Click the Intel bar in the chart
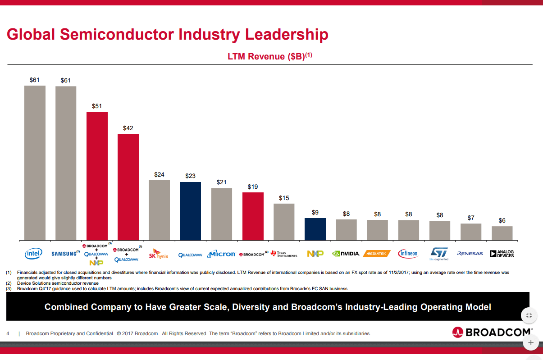tap(35, 162)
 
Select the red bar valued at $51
tap(97, 176)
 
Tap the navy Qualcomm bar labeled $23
tap(190, 211)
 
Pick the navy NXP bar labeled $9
tap(315, 229)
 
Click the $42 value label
tap(128, 128)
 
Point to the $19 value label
tap(253, 187)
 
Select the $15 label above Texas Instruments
tap(284, 198)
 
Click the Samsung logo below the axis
tap(64, 254)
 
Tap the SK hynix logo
tap(159, 254)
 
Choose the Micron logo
tap(221, 254)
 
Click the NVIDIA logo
tap(346, 254)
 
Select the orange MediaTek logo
tap(377, 254)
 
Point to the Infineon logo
tap(408, 254)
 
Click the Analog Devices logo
tap(502, 254)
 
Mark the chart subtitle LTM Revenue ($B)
tap(269, 57)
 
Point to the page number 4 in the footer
tap(8, 334)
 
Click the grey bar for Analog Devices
tap(502, 233)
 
